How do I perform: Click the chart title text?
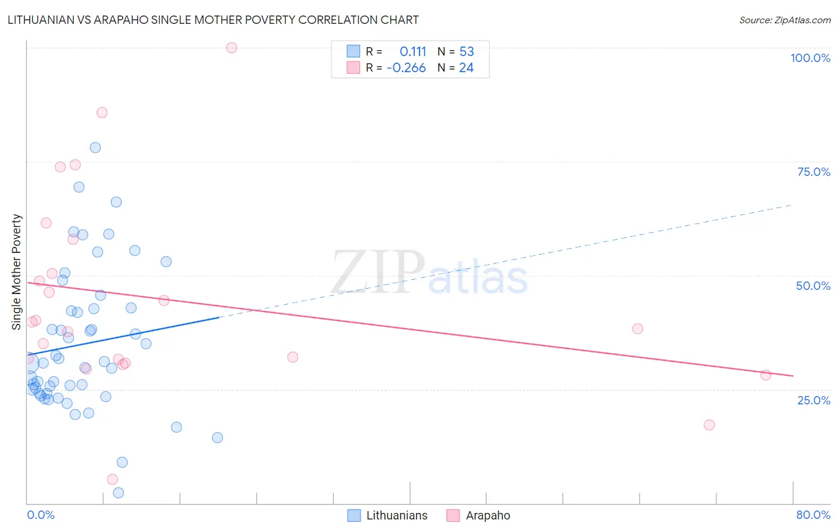213,20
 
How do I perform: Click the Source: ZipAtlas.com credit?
784,20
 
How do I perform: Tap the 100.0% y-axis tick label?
810,58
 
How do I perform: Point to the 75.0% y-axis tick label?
814,172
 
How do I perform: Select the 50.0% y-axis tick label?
813,286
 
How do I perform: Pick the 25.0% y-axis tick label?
814,400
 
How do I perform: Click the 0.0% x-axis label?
41,515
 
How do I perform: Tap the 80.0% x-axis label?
813,515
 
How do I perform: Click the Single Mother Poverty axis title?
17,272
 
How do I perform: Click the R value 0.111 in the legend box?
413,51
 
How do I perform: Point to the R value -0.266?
406,68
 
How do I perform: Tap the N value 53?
466,51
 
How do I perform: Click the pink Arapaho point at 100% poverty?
232,48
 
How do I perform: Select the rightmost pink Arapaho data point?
766,375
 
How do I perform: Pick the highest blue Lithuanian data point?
95,147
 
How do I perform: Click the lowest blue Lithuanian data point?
119,493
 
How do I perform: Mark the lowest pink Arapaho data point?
112,480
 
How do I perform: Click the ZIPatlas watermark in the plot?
429,273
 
